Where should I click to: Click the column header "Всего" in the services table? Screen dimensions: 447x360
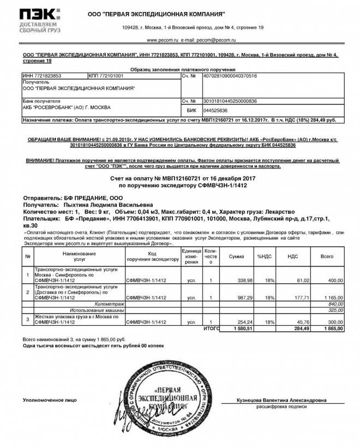(327, 256)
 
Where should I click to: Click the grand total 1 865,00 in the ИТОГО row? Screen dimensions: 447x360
(331, 329)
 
